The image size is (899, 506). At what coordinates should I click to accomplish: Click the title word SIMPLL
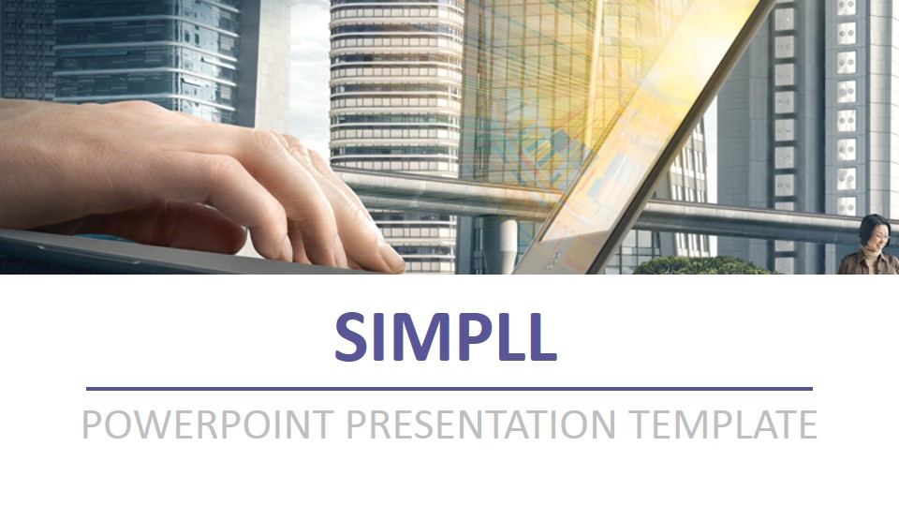click(x=446, y=337)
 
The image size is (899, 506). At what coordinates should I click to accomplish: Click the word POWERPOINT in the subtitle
click(x=206, y=424)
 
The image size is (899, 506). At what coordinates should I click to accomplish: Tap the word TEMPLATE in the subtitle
click(x=722, y=424)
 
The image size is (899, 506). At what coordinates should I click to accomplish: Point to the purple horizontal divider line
click(x=449, y=388)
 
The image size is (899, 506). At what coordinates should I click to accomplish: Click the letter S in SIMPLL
click(x=352, y=337)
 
